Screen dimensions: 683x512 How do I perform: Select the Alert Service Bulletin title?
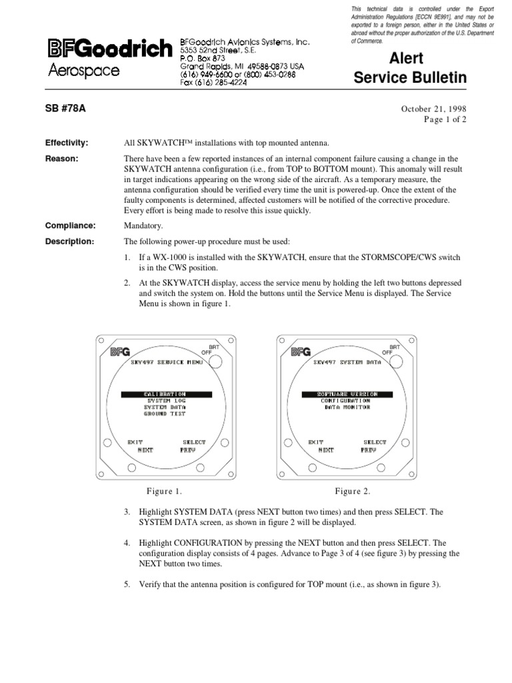pos(409,69)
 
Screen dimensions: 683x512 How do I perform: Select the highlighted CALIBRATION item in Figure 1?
pos(166,394)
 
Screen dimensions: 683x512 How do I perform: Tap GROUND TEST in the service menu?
pos(165,414)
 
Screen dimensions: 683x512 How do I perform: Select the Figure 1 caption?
pos(164,492)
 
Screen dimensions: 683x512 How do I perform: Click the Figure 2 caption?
pos(353,492)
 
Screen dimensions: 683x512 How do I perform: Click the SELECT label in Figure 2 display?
pos(375,442)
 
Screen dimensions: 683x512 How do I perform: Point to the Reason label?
pos(61,158)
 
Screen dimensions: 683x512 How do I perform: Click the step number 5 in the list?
pos(127,584)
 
